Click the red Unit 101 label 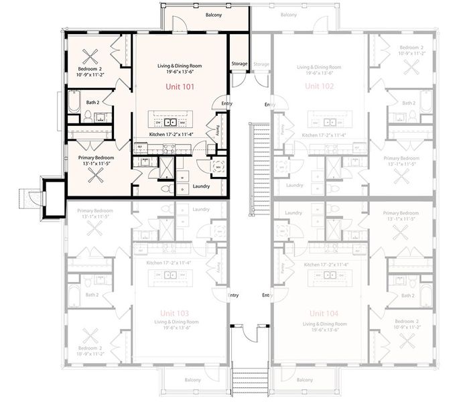[x=179, y=87]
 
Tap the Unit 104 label [x=324, y=314]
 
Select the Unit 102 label [x=320, y=87]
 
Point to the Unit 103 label [x=174, y=314]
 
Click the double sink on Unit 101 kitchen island [x=171, y=123]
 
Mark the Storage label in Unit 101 [x=239, y=64]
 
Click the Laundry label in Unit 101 [x=202, y=186]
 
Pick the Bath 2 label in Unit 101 [x=93, y=103]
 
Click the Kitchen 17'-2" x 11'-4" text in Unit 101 [x=172, y=134]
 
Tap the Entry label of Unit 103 [x=233, y=295]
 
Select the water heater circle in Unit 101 [x=218, y=166]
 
